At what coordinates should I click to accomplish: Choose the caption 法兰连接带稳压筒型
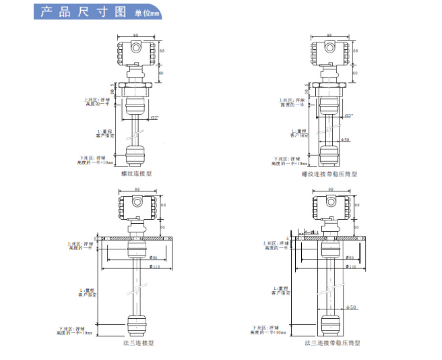[331, 343]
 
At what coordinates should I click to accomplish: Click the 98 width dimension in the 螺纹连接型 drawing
[137, 35]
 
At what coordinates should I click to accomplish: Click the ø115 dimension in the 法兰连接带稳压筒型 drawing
[350, 267]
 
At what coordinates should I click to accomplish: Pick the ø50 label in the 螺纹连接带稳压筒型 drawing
[345, 140]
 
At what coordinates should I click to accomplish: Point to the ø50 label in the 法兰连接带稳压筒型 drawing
[350, 307]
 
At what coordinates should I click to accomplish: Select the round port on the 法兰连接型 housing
[136, 200]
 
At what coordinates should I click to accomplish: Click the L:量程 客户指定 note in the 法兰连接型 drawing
[88, 291]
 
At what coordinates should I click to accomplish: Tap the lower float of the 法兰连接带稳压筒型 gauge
[330, 324]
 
